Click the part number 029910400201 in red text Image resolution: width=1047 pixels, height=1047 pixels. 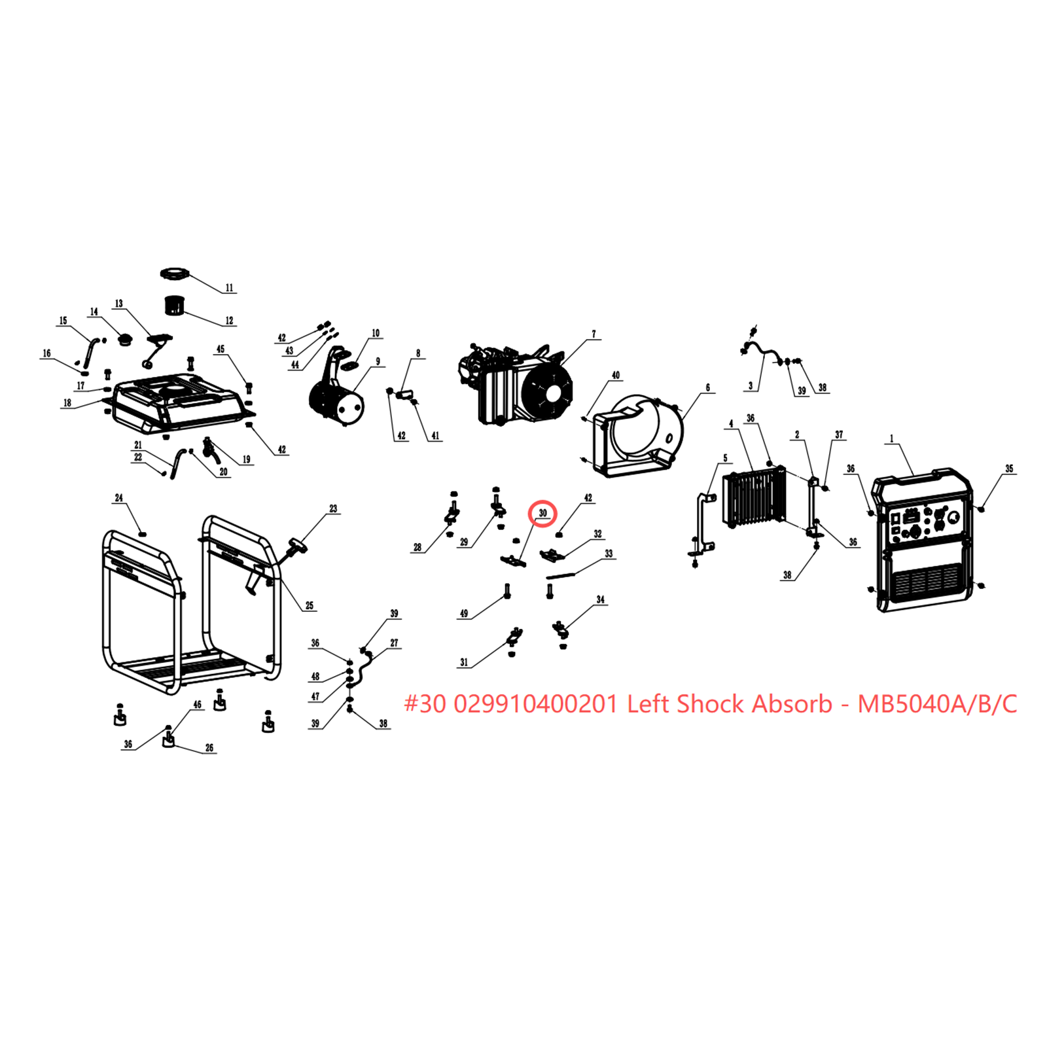(x=535, y=704)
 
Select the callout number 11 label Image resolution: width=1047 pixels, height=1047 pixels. (x=229, y=288)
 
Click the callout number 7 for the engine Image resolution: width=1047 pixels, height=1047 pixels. (x=594, y=334)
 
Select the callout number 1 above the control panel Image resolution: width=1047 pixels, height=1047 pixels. (x=891, y=439)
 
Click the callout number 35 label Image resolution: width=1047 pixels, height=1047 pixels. (x=1009, y=469)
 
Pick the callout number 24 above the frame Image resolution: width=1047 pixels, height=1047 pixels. (x=118, y=498)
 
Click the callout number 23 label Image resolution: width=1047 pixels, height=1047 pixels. (x=333, y=508)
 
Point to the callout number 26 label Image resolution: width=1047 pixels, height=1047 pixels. (x=209, y=748)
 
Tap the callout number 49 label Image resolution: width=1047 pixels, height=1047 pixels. (x=464, y=614)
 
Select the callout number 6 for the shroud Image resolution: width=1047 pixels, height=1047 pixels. (x=707, y=388)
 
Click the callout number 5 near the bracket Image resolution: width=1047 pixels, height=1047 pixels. (x=725, y=459)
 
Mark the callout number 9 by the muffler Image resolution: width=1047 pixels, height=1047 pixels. (x=378, y=362)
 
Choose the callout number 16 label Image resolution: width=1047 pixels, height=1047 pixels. (x=46, y=353)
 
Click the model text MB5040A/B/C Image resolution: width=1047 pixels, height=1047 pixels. (x=937, y=704)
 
